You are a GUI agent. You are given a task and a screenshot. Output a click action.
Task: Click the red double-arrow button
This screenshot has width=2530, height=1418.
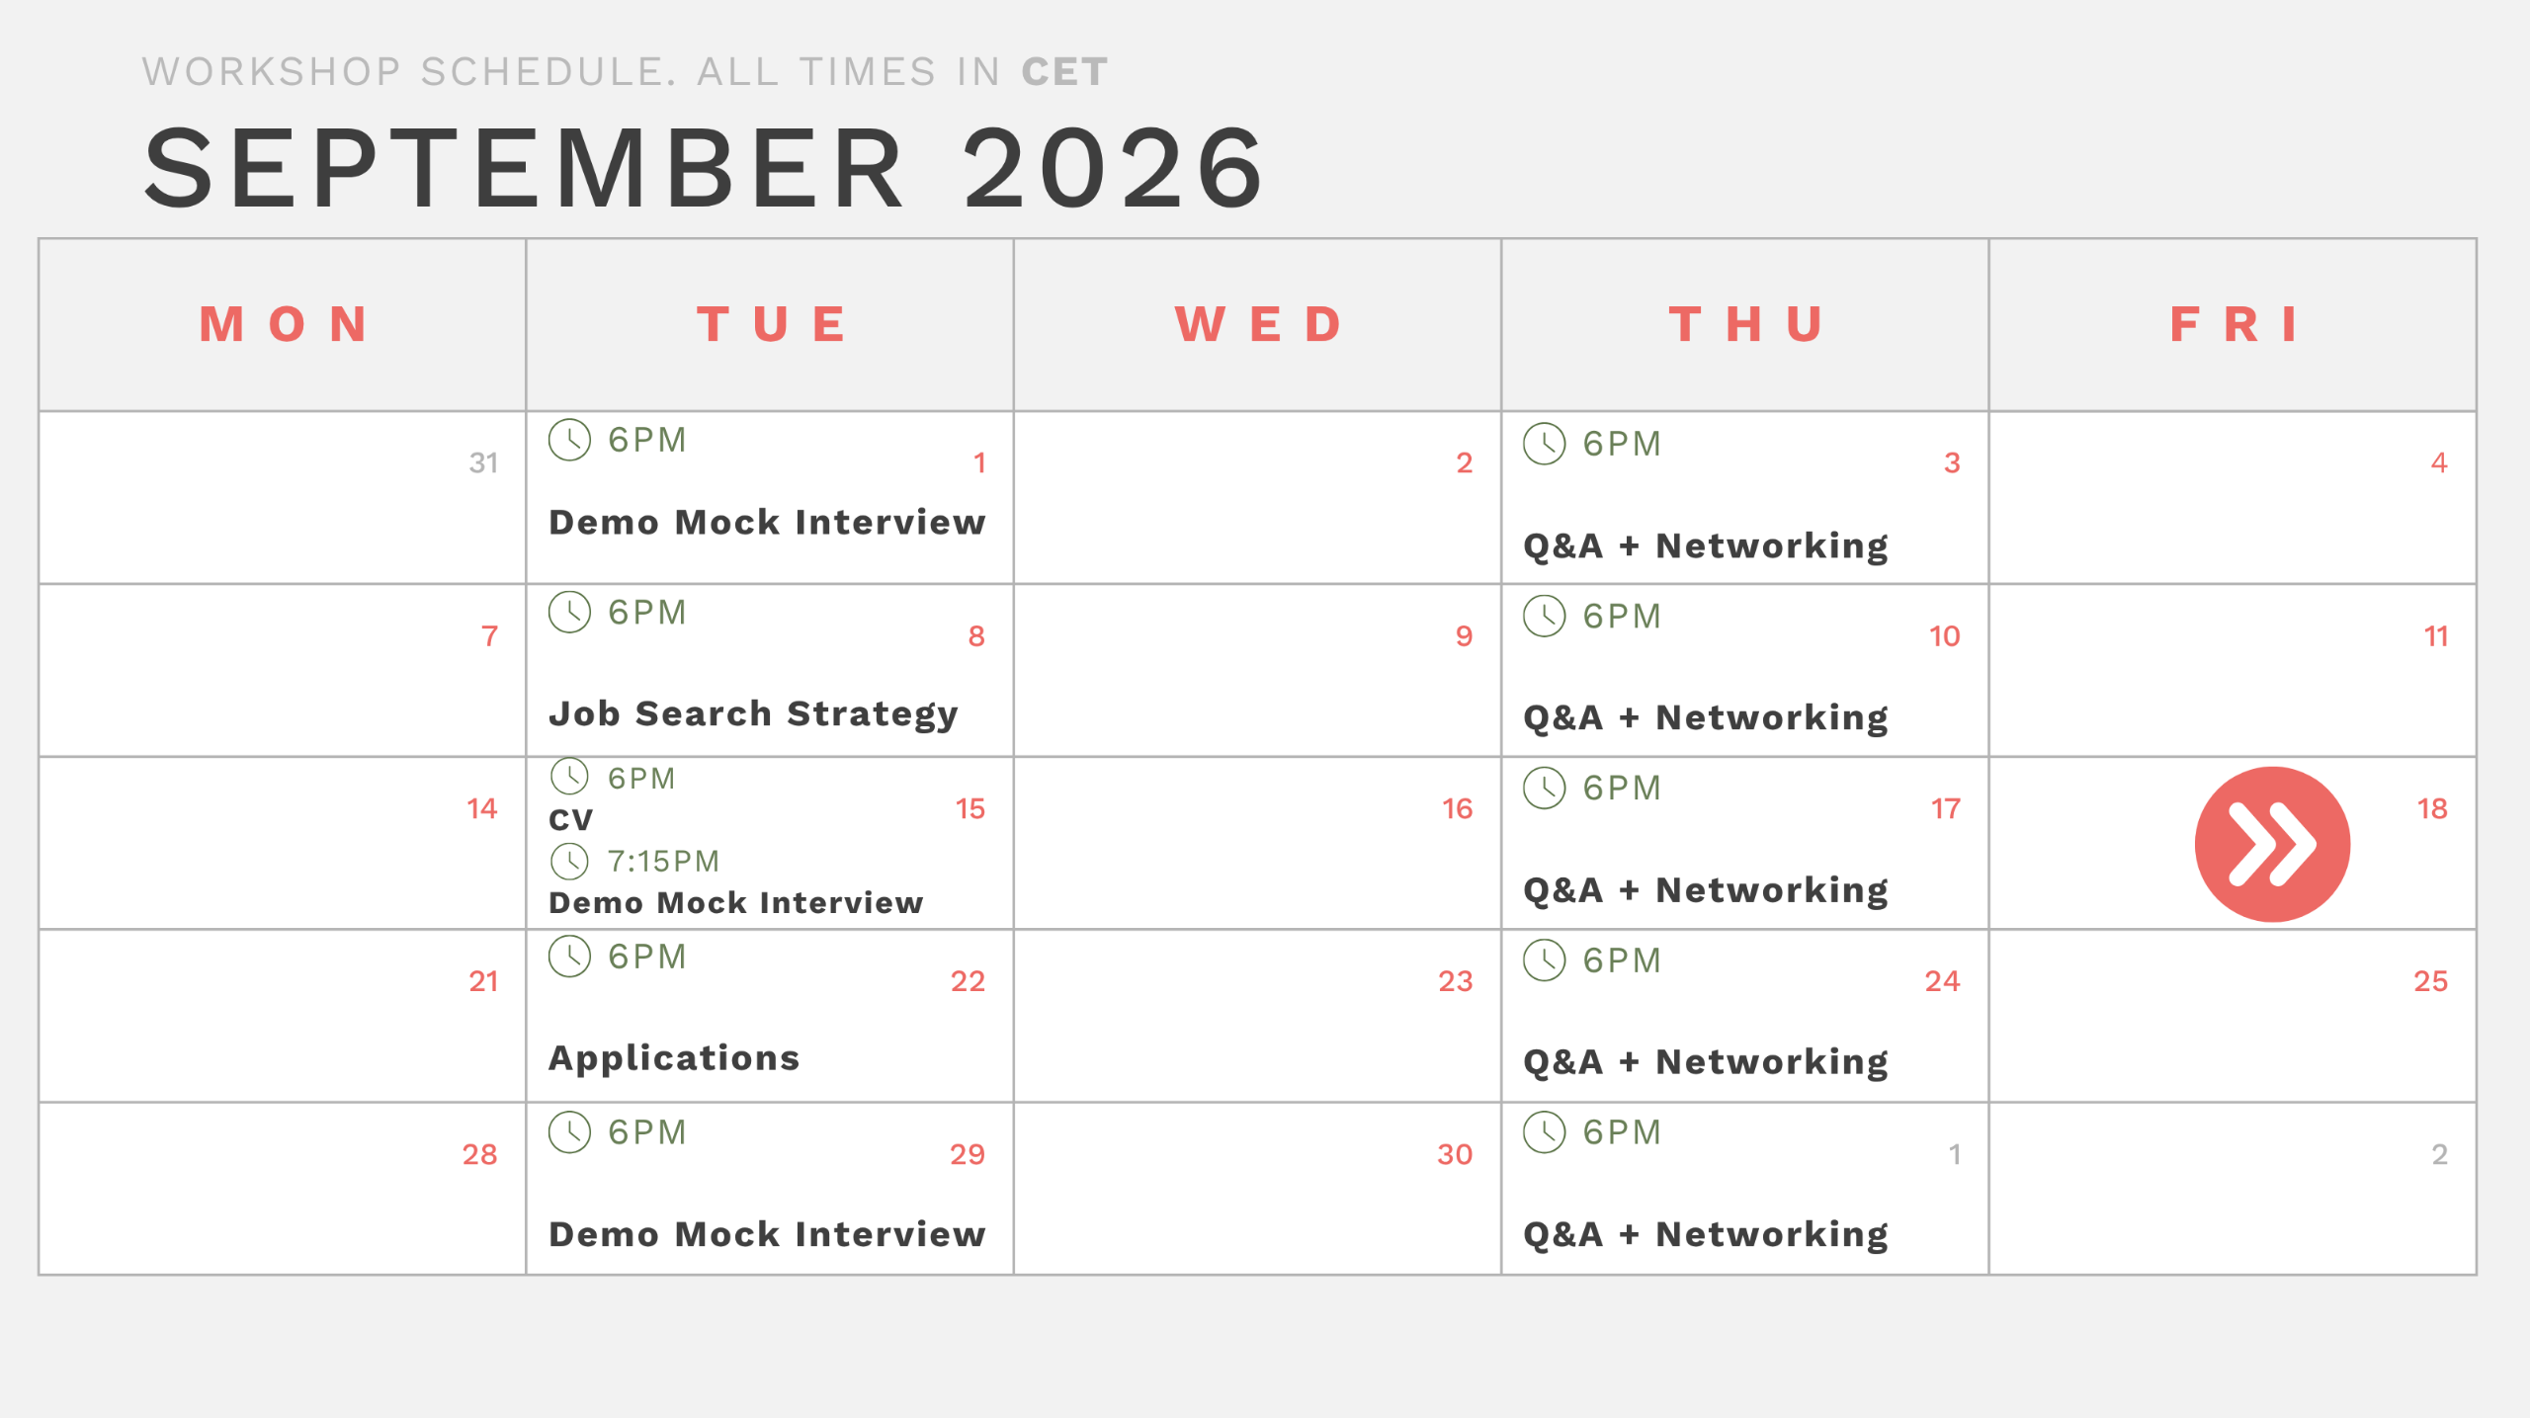(2272, 844)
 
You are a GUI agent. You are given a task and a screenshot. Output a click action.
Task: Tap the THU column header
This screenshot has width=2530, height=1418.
(1747, 324)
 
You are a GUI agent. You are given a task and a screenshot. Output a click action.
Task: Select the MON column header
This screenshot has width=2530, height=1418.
(285, 324)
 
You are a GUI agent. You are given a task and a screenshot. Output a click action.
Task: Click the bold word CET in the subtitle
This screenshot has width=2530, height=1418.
(1064, 72)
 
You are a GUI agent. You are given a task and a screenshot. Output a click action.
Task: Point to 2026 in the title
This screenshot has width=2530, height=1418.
(1114, 168)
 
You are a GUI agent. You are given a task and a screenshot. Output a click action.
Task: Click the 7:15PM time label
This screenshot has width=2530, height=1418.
(663, 861)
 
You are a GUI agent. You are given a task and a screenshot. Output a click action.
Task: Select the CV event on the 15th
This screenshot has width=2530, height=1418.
(571, 819)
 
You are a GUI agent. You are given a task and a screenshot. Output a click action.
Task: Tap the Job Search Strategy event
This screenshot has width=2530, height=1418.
(753, 713)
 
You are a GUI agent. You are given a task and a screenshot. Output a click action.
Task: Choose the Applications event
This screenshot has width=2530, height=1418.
(674, 1058)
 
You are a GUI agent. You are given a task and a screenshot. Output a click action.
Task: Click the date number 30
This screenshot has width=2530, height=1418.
(1455, 1154)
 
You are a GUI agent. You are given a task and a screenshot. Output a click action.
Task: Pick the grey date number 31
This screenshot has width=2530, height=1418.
(483, 462)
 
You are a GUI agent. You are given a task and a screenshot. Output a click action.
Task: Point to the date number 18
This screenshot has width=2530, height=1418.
(2432, 808)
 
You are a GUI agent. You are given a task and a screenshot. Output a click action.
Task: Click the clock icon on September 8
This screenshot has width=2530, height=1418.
(570, 613)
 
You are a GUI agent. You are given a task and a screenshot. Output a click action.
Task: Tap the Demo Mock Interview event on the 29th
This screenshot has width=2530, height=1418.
(767, 1233)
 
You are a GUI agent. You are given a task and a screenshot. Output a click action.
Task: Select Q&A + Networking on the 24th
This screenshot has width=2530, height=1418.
(1706, 1062)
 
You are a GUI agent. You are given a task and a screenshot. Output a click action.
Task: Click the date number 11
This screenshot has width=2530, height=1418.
(2436, 635)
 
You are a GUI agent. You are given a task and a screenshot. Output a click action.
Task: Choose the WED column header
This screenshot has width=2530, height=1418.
(1259, 324)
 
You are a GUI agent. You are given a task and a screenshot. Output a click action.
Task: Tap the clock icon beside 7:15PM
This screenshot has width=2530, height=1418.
(570, 861)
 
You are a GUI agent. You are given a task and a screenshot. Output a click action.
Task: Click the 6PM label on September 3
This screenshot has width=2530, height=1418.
(1622, 444)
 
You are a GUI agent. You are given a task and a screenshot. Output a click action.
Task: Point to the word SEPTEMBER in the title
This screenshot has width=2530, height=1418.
(525, 168)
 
